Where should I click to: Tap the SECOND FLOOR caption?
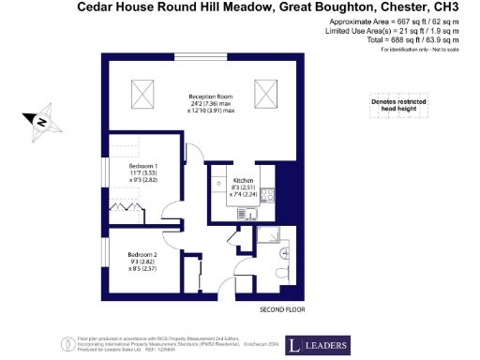tap(282, 308)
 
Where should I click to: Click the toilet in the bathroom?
tap(284, 274)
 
